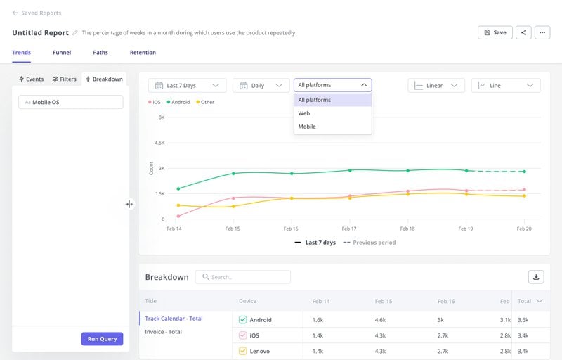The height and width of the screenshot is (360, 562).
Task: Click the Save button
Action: [x=495, y=32]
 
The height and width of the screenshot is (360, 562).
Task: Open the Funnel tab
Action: [x=62, y=53]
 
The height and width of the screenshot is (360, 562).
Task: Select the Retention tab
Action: [x=143, y=53]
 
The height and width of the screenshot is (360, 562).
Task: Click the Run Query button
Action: [x=103, y=338]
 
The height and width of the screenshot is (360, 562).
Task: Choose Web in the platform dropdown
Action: [x=304, y=113]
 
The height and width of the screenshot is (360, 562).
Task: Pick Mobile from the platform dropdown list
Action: [x=307, y=127]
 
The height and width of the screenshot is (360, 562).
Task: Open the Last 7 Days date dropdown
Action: [x=187, y=86]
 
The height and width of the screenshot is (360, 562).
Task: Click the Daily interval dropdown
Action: [x=261, y=86]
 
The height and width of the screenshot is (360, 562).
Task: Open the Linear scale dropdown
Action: [x=436, y=86]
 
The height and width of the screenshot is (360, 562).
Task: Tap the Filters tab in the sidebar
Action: [x=65, y=79]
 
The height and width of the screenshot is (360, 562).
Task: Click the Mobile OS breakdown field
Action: [x=70, y=102]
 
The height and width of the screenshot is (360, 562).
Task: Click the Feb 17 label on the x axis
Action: [x=348, y=229]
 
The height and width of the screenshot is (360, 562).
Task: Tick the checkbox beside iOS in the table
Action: [x=243, y=335]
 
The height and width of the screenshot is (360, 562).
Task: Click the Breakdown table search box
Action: [x=243, y=277]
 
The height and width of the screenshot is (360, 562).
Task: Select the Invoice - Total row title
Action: [x=164, y=332]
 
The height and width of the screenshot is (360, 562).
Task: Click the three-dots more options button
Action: [x=542, y=32]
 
